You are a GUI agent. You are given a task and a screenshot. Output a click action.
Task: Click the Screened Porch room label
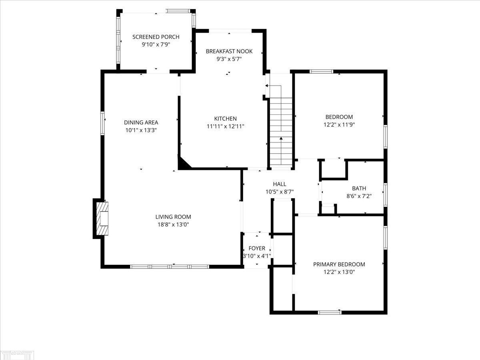[156, 37]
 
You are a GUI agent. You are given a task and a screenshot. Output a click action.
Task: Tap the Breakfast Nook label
[229, 51]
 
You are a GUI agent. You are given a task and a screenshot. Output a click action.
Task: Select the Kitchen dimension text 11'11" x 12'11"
[225, 126]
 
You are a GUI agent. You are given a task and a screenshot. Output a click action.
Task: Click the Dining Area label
[141, 122]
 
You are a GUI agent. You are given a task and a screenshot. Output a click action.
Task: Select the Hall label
[280, 184]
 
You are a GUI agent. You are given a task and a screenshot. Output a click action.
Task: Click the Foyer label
[257, 248]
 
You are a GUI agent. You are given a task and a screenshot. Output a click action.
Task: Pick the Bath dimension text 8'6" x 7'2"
[359, 196]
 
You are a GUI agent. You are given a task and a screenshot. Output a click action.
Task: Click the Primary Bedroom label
[339, 264]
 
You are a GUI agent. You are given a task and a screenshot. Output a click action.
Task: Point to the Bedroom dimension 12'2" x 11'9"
[339, 124]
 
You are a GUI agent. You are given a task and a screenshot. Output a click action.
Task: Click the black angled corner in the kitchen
[184, 163]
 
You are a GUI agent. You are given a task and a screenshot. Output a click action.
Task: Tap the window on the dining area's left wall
[103, 123]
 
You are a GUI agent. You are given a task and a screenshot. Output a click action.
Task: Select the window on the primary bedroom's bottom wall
[330, 312]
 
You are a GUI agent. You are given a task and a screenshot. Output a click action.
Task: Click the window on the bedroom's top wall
[322, 72]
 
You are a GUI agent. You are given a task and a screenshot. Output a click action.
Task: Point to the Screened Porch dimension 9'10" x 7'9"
[156, 44]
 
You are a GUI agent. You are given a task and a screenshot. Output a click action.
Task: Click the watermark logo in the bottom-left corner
[18, 354]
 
